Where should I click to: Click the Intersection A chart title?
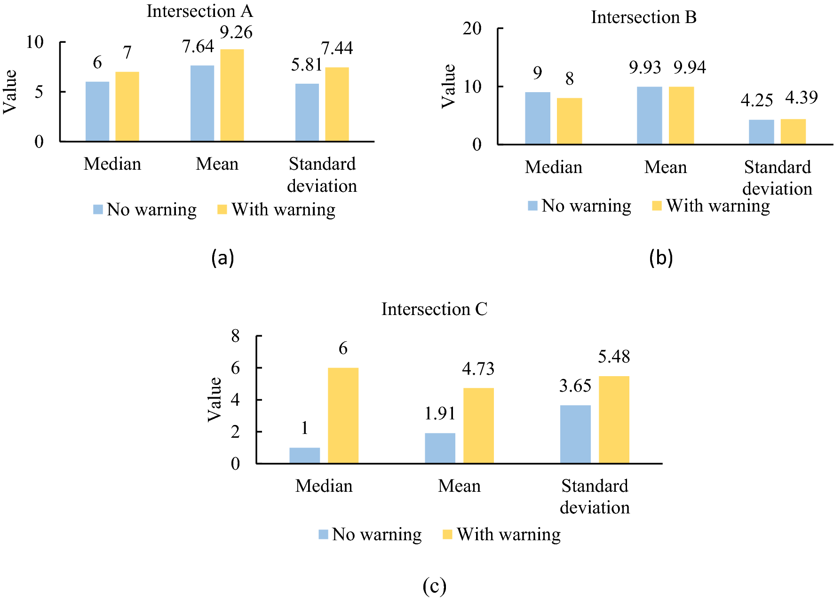199,11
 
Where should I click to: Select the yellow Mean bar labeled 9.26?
232,95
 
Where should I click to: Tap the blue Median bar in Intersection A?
97,111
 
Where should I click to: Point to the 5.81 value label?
306,64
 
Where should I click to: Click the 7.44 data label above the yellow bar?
337,48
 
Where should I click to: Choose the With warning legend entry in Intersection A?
277,209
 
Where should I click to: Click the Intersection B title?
643,17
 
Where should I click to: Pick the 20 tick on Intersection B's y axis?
472,29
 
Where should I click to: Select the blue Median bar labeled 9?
537,118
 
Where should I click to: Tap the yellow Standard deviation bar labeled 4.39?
793,132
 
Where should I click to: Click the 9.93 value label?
645,67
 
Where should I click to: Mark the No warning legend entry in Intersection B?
580,206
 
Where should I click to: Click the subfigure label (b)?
660,258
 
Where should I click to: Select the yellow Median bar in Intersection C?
343,416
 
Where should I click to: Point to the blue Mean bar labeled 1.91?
440,448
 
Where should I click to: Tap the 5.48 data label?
613,356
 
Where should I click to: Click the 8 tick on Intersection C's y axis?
235,336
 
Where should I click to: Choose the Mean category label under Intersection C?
459,486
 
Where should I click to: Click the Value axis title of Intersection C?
214,399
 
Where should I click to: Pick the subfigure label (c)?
434,586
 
